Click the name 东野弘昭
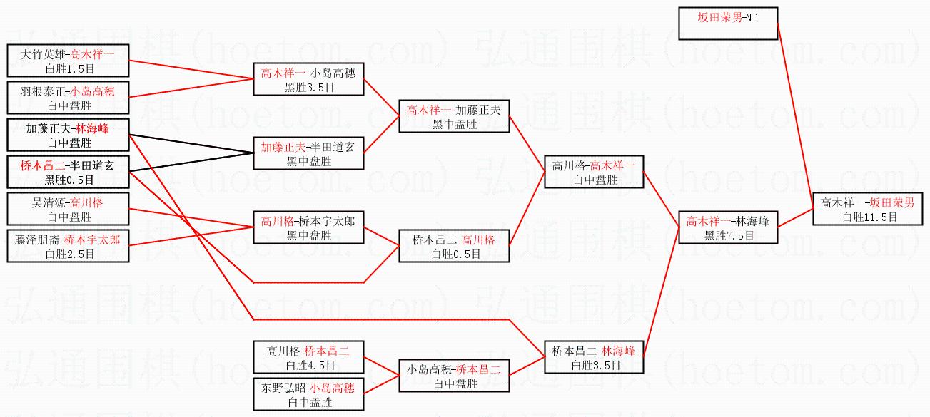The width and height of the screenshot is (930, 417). (x=285, y=388)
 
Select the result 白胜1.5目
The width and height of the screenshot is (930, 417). (x=69, y=68)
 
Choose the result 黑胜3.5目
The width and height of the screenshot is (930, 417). (x=309, y=87)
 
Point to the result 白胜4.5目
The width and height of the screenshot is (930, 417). (x=309, y=365)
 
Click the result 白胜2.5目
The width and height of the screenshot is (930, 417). (x=69, y=253)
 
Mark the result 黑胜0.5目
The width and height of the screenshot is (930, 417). (x=69, y=179)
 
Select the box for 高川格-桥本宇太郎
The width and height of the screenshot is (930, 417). (x=308, y=227)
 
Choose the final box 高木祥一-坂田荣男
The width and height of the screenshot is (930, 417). (x=866, y=209)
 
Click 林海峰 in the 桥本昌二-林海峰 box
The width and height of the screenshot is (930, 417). (x=618, y=351)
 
